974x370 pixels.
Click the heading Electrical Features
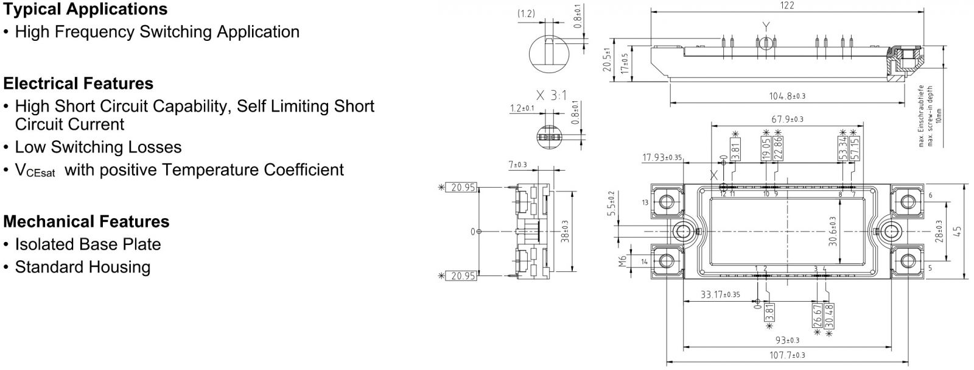click(x=79, y=84)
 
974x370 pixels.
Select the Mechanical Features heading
click(x=86, y=221)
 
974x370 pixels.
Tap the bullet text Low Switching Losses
click(x=98, y=147)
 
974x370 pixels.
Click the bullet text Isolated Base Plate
click(x=88, y=244)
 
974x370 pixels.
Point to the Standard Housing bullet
click(x=82, y=267)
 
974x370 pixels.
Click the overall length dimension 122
click(x=787, y=5)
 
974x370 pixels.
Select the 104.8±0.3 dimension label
click(x=787, y=96)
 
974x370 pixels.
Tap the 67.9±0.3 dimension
click(x=787, y=119)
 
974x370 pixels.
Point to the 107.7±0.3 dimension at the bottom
click(x=787, y=355)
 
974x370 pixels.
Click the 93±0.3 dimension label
click(x=787, y=340)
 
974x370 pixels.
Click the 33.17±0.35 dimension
click(x=720, y=294)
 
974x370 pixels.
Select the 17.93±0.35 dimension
click(x=662, y=158)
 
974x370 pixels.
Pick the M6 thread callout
click(x=622, y=261)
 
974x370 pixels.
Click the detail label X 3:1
click(x=551, y=95)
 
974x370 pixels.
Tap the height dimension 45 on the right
click(x=958, y=232)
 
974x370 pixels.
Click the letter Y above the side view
click(x=766, y=26)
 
